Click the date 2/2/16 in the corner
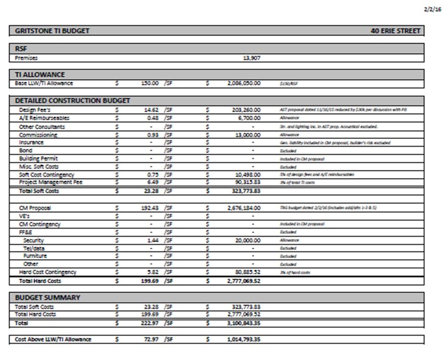(x=434, y=10)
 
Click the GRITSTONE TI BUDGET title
(x=52, y=31)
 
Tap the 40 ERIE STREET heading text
(x=395, y=31)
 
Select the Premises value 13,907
(x=252, y=58)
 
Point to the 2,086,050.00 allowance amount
(x=244, y=83)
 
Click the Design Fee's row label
(x=35, y=110)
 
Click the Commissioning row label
(x=38, y=135)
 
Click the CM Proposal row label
(x=35, y=208)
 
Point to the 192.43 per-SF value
(x=150, y=208)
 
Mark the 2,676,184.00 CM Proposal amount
(x=244, y=208)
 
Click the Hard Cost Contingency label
(x=48, y=272)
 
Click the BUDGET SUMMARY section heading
(x=47, y=297)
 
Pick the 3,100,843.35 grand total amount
(x=244, y=322)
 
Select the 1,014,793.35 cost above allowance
(x=244, y=339)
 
